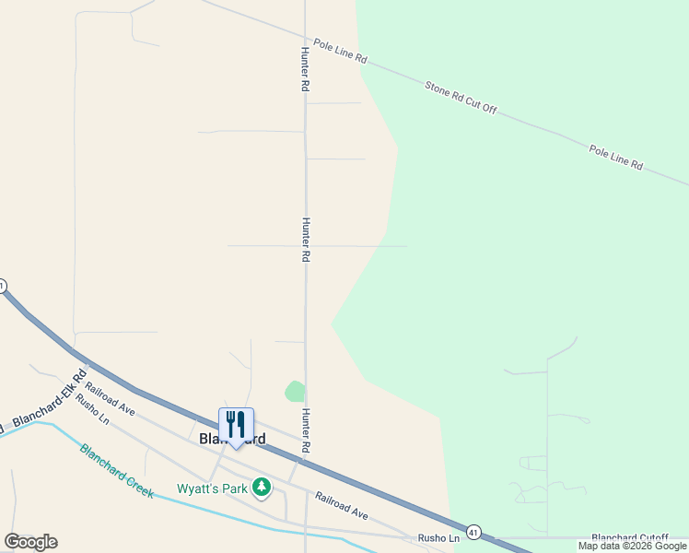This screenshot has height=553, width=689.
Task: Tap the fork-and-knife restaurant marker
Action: (236, 425)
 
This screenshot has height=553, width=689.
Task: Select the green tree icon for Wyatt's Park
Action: (262, 486)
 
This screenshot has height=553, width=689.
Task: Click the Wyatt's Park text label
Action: (212, 488)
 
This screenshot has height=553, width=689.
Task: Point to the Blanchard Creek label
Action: (116, 471)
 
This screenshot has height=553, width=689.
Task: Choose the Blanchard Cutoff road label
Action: (629, 537)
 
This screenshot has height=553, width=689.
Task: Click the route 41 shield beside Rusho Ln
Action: (473, 532)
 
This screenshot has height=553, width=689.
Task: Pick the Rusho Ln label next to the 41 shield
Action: (438, 537)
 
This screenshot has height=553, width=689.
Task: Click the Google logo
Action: (30, 542)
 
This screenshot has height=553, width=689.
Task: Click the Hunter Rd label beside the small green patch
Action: (304, 430)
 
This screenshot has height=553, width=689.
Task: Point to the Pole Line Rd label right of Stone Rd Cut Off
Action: (615, 156)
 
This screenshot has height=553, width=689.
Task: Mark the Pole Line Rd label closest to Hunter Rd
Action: (340, 51)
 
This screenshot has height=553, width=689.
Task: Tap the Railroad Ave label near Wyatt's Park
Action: (341, 505)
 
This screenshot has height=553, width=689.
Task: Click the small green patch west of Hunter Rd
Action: (295, 391)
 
